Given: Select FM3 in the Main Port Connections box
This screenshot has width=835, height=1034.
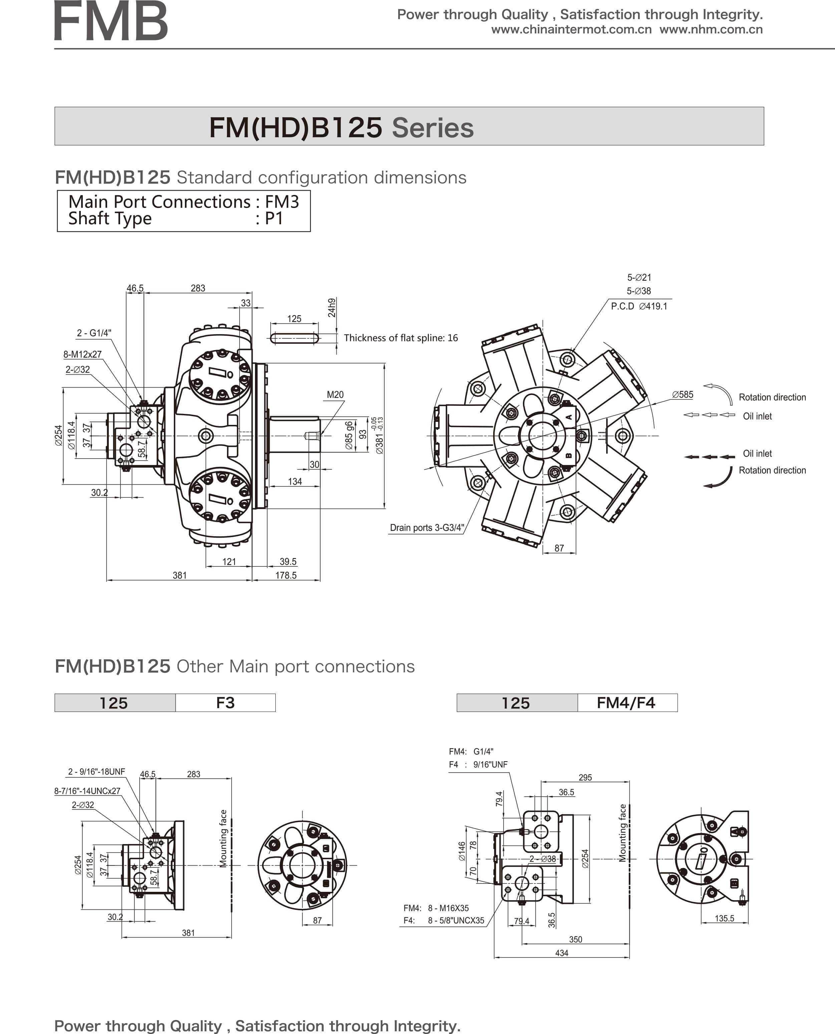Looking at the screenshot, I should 282,202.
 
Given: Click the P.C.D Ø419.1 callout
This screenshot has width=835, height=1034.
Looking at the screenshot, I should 639,306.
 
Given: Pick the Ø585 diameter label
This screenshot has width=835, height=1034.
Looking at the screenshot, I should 682,395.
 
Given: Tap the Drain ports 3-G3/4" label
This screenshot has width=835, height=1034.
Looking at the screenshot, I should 427,528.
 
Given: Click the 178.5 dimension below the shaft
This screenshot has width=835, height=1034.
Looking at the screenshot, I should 286,575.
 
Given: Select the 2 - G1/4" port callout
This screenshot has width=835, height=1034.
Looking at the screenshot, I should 94,333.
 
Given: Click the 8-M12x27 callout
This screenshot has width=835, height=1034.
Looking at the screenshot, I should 82,354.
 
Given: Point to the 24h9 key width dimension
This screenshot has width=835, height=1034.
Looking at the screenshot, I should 331,308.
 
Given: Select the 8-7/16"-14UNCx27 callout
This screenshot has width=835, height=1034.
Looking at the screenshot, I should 87,791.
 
